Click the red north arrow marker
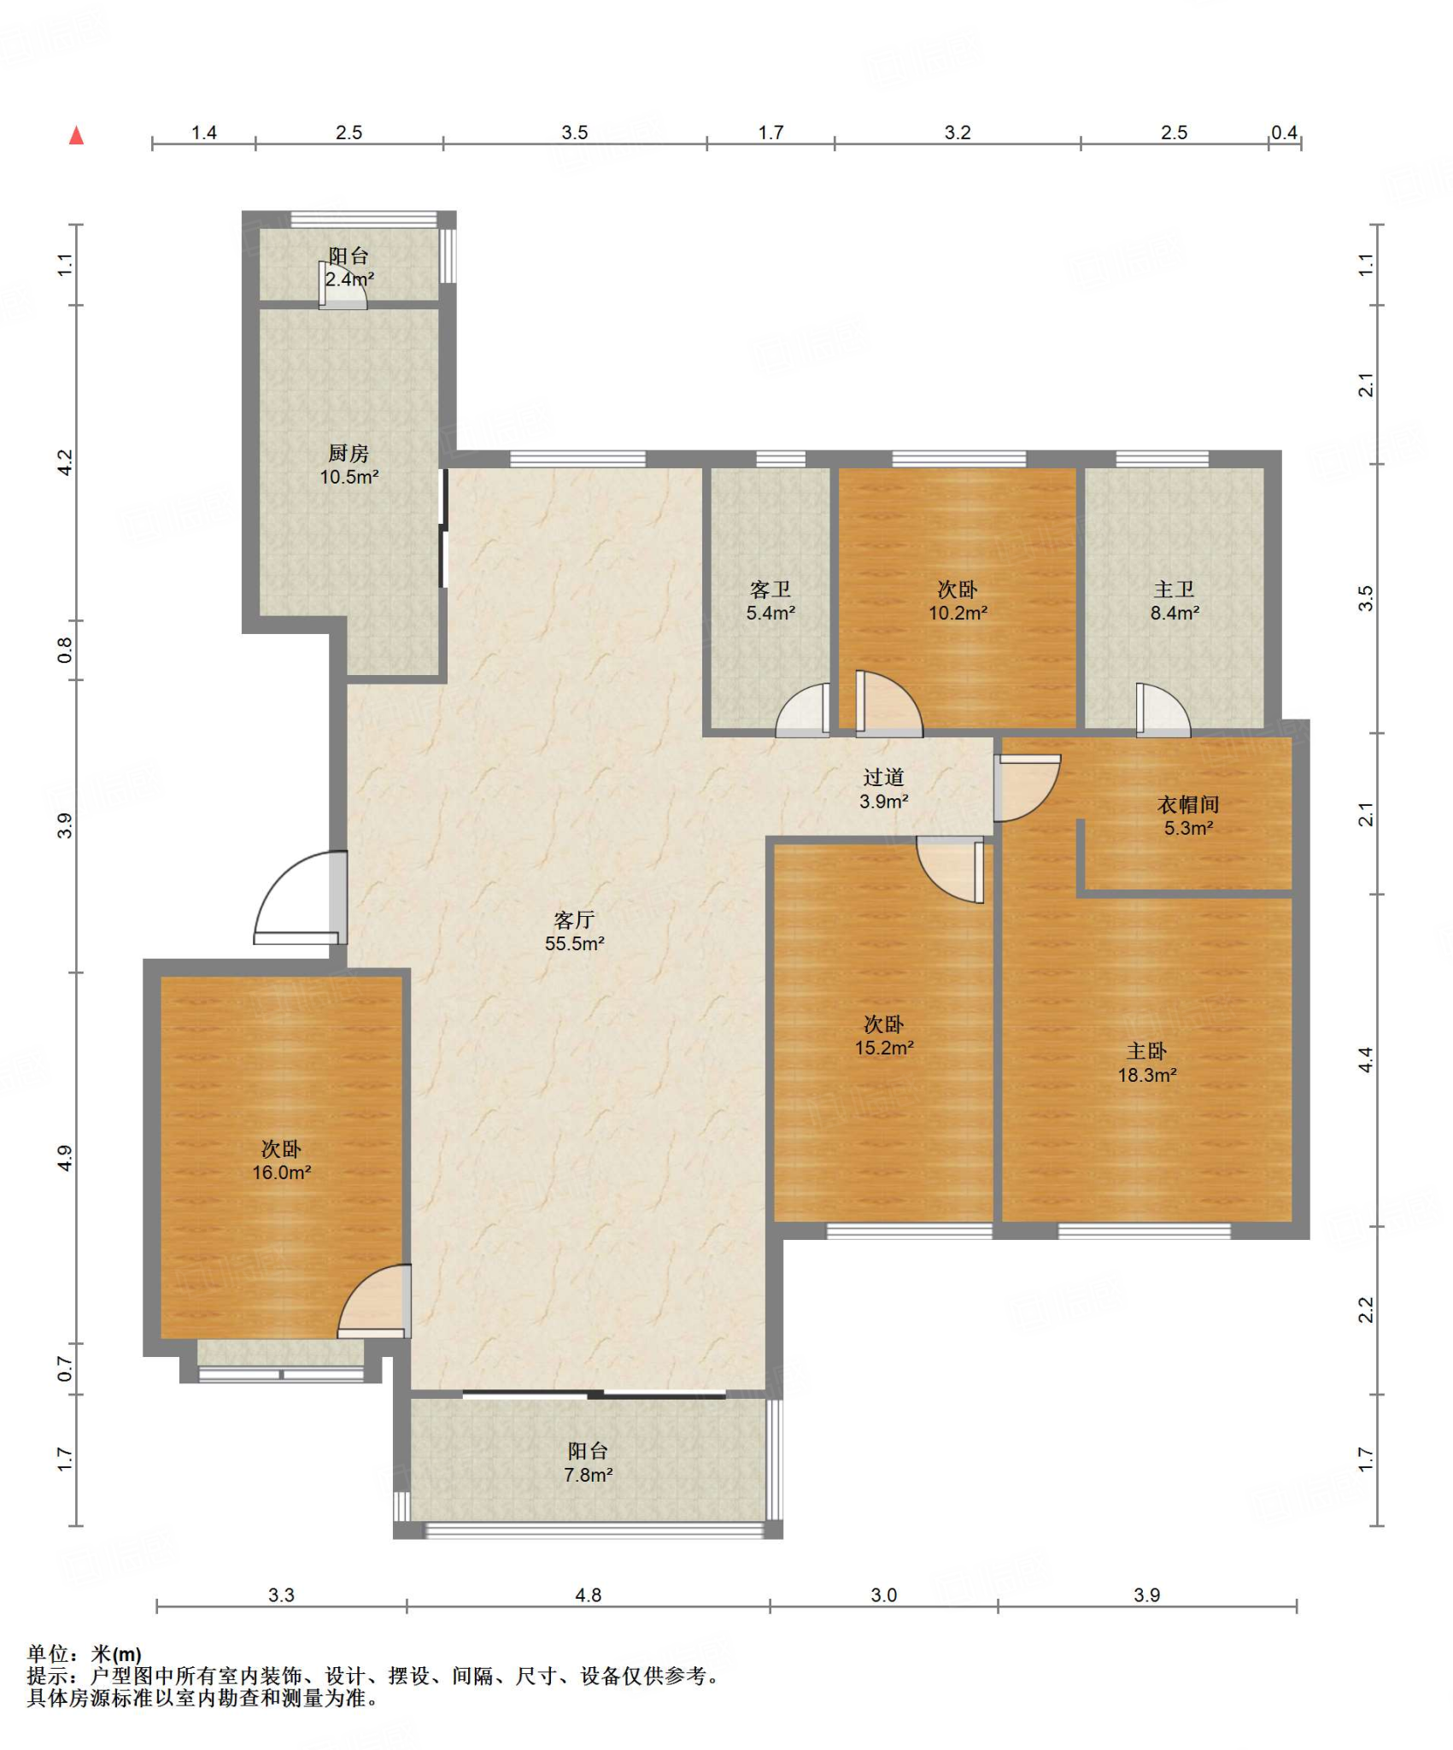coord(77,135)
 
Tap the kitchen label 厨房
coord(349,453)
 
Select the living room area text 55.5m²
coord(575,943)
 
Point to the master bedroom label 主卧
coord(1146,1051)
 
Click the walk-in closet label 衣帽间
coord(1188,804)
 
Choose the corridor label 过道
coord(883,777)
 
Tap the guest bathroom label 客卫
coord(770,589)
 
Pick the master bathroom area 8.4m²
coord(1175,613)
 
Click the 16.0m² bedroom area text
coord(281,1172)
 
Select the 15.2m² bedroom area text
coord(884,1048)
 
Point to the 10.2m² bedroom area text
coord(958,613)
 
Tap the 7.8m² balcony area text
coord(589,1474)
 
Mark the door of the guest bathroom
coord(803,709)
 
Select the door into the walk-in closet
coord(1028,788)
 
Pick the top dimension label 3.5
coord(575,132)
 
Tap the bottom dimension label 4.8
coord(589,1594)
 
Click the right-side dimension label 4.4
coord(1366,1060)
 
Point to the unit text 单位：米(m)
coord(85,1653)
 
